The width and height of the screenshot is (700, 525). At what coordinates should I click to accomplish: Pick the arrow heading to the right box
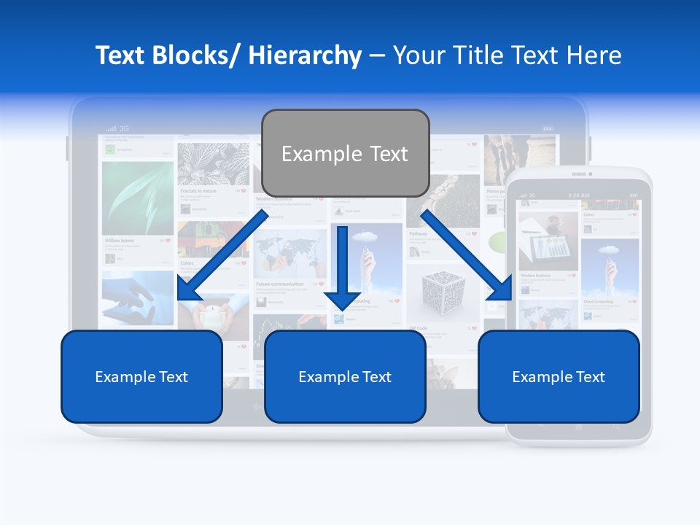(x=466, y=255)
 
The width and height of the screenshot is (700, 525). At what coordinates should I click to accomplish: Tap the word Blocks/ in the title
(x=196, y=55)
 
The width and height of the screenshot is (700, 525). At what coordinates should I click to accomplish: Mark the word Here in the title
(x=595, y=55)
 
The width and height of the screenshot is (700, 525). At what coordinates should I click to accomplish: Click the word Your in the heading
(x=416, y=55)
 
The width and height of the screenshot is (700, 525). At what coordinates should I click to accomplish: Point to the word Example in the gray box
(x=322, y=154)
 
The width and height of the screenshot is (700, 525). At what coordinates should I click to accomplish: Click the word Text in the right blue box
(x=589, y=377)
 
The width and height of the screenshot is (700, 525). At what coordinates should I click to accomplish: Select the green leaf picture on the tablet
(x=138, y=197)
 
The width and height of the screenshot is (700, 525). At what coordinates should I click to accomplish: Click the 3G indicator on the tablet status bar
(x=125, y=128)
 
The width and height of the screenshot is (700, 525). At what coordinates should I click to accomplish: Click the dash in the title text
(x=377, y=55)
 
